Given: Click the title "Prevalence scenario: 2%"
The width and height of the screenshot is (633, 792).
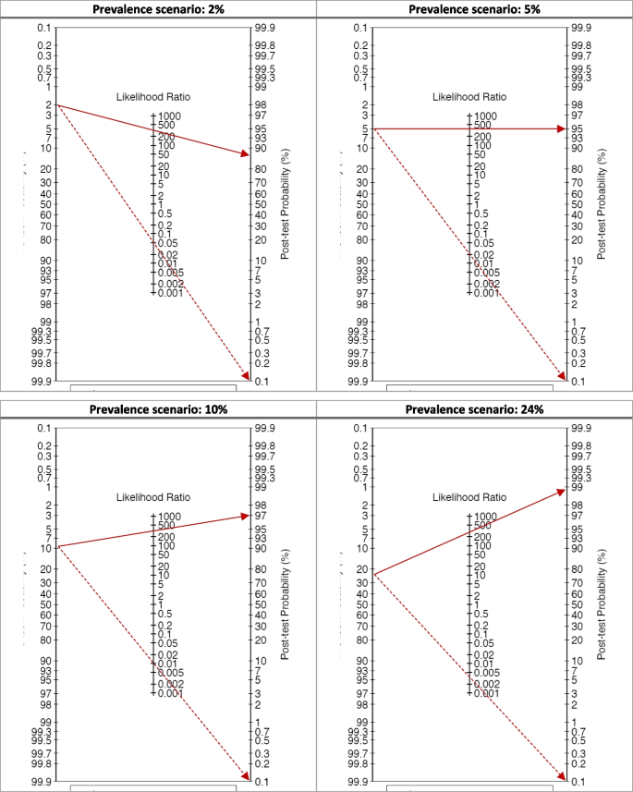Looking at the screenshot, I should [x=158, y=9].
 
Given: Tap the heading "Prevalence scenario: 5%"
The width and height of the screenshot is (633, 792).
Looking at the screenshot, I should [x=474, y=9].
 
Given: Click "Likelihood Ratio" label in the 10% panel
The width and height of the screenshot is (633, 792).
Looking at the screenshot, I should [x=153, y=497].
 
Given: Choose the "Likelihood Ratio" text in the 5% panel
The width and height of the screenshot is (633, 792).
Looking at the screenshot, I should [x=469, y=96].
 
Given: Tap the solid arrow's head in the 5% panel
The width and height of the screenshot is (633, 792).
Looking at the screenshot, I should [x=560, y=128].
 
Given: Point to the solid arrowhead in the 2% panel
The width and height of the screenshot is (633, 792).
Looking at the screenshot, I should [x=244, y=153].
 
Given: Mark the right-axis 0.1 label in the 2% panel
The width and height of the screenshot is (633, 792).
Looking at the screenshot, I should [x=262, y=381].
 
